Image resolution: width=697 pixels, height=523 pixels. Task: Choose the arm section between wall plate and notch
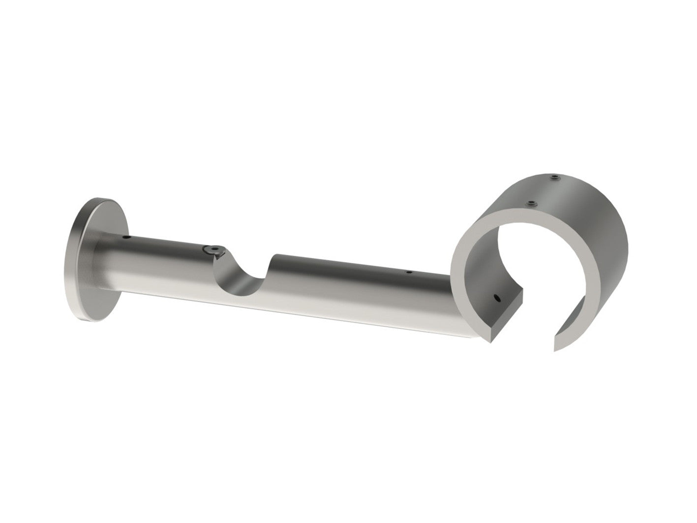pos(162,261)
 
